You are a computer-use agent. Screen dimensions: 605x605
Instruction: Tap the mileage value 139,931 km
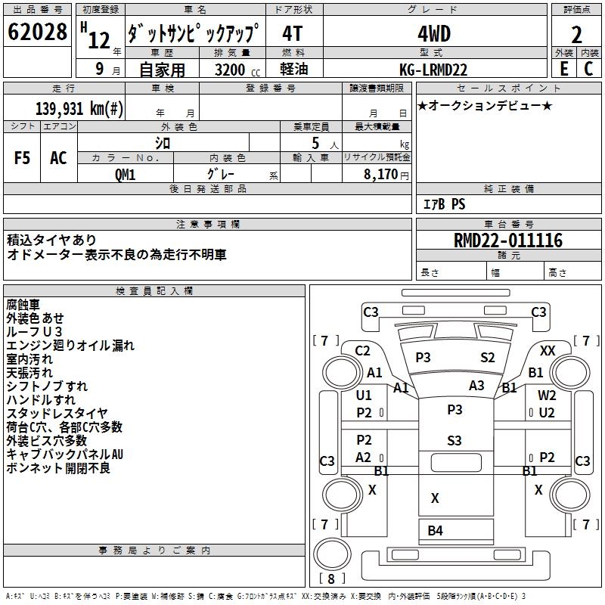pos(79,108)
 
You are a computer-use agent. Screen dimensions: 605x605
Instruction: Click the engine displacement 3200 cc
pos(233,70)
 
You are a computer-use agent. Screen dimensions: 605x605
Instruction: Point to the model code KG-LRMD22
pos(433,70)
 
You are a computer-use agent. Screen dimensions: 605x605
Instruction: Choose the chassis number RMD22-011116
pos(508,241)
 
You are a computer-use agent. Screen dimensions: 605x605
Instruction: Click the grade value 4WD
pos(433,34)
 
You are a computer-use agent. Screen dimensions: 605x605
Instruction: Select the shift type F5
pos(22,158)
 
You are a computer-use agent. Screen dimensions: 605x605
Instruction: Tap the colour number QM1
pos(126,173)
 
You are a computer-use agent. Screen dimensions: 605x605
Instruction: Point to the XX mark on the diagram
pos(548,350)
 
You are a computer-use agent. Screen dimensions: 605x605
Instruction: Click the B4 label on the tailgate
pos(435,530)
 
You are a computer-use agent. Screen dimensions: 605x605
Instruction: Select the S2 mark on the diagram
pos(488,357)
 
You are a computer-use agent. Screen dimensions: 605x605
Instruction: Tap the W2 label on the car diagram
pos(547,395)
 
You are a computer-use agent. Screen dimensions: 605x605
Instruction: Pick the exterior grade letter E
pos(563,69)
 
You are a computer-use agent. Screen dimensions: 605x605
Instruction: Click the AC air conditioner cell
pos(58,158)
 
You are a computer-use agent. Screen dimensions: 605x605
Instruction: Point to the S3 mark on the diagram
pos(455,440)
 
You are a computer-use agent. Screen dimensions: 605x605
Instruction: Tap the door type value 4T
pos(294,34)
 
